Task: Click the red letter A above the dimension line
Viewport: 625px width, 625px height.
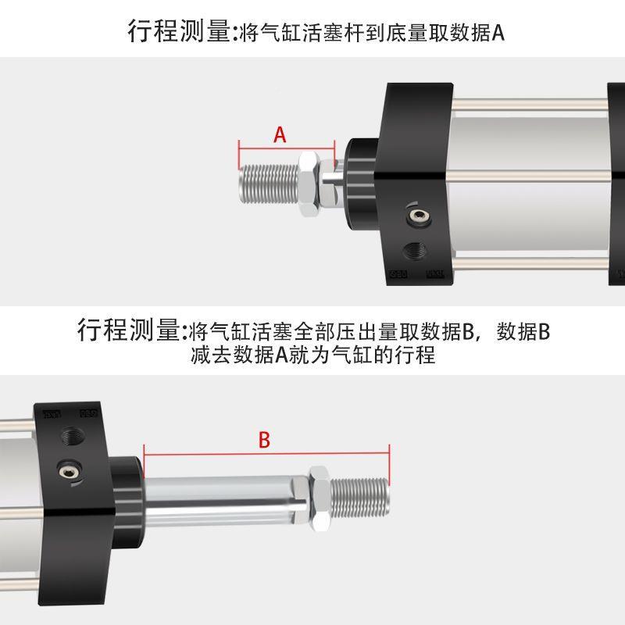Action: (280, 135)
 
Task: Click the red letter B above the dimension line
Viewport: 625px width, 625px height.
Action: (264, 441)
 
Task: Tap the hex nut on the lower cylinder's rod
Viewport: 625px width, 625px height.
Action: (319, 492)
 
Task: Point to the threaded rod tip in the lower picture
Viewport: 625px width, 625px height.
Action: (360, 492)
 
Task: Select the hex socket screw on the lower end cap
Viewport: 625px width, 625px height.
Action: (69, 470)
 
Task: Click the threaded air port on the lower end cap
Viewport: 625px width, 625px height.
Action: (77, 432)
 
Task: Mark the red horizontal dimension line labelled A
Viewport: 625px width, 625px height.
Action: (286, 148)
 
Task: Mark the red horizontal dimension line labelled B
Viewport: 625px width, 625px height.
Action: (266, 454)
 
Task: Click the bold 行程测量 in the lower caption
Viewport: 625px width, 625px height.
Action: (130, 330)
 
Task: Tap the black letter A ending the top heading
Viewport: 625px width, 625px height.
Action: (499, 32)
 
